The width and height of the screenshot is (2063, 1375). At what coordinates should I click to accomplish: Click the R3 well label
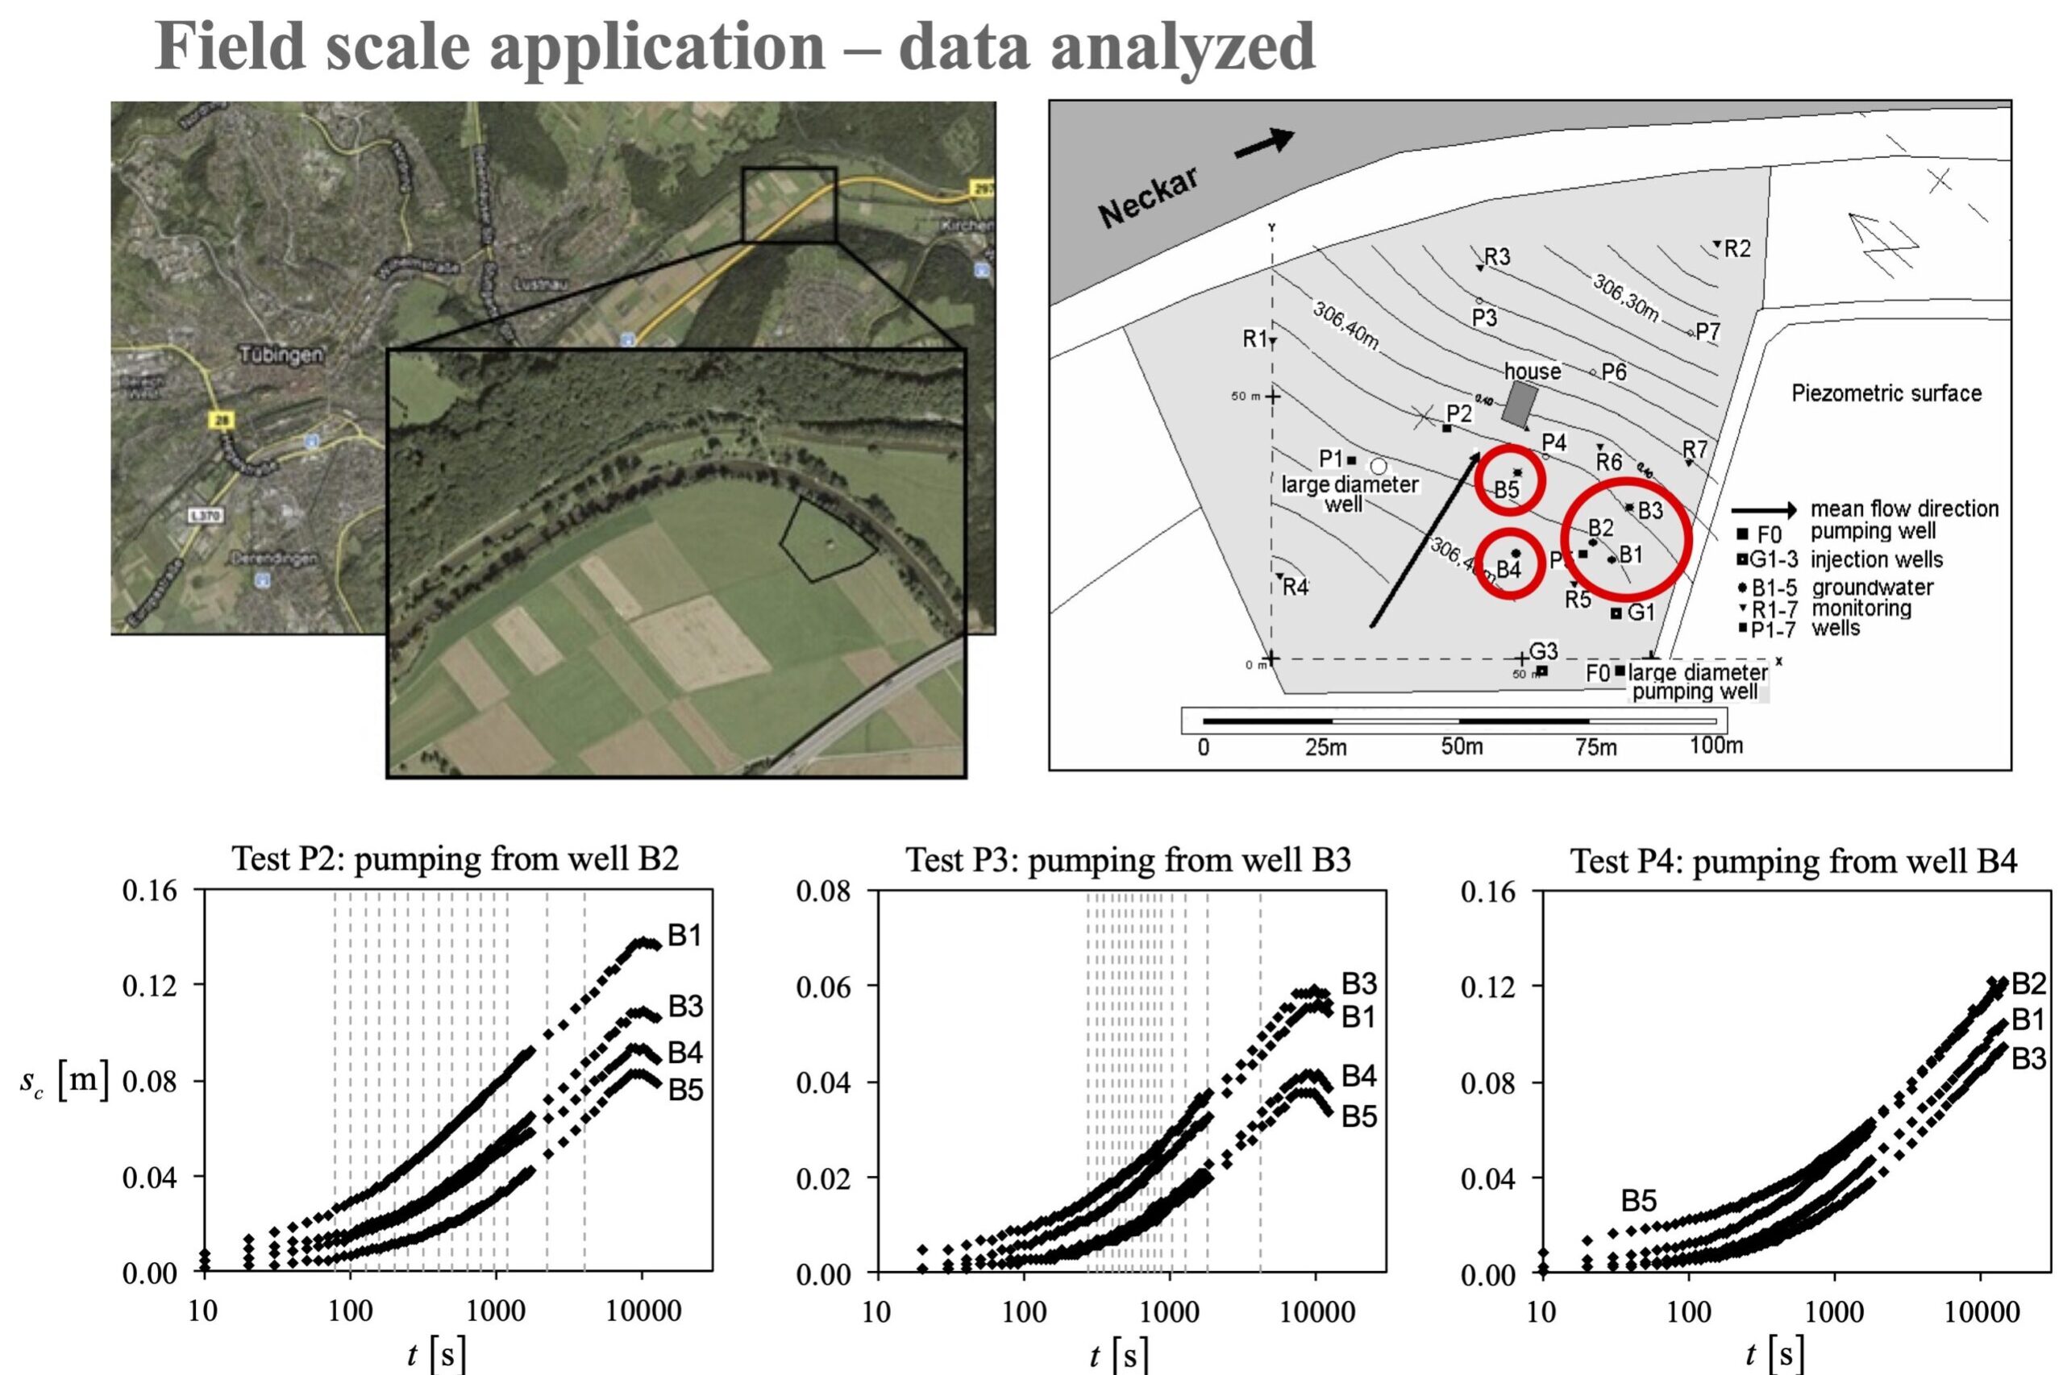click(x=1496, y=256)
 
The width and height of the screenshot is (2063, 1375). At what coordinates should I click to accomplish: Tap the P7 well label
click(x=1707, y=330)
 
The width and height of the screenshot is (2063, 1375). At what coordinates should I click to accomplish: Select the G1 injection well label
click(x=1641, y=612)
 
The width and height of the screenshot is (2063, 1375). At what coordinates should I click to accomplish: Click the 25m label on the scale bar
click(x=1325, y=747)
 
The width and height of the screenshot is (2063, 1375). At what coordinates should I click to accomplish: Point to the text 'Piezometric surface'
click(x=1886, y=393)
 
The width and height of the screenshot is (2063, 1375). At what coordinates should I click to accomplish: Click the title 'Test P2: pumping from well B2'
click(x=455, y=858)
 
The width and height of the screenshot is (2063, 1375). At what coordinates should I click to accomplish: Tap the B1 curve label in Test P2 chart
click(x=685, y=935)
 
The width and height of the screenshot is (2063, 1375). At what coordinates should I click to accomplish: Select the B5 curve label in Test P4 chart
click(x=1638, y=1200)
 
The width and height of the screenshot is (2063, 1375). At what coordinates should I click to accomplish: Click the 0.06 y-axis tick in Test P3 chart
click(x=823, y=987)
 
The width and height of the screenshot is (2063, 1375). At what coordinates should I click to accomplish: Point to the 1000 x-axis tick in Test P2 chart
click(x=496, y=1311)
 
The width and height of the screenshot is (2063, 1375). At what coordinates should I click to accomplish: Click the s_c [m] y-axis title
click(x=63, y=1080)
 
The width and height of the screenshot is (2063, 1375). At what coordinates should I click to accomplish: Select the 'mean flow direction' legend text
click(x=1904, y=509)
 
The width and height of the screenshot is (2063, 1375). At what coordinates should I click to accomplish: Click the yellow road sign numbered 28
click(x=221, y=420)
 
